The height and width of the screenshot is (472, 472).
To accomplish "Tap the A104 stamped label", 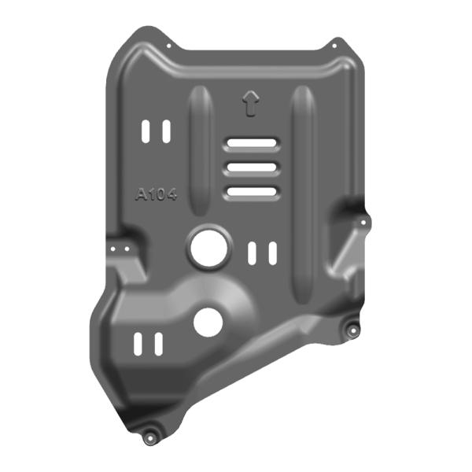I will pyautogui.click(x=157, y=195).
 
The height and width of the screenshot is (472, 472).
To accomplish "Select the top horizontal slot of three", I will pyautogui.click(x=251, y=144).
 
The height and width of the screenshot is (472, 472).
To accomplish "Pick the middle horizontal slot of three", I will pyautogui.click(x=251, y=168).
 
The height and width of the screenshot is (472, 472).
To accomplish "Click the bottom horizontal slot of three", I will pyautogui.click(x=251, y=191).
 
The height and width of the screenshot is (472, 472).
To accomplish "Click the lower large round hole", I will pyautogui.click(x=208, y=321).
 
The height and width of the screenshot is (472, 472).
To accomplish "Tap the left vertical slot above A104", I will pyautogui.click(x=146, y=132).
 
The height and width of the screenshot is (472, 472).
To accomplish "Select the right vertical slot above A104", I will pyautogui.click(x=166, y=132).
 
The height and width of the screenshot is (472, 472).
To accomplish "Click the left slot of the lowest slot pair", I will pyautogui.click(x=138, y=344).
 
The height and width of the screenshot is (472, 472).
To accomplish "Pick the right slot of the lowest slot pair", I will pyautogui.click(x=158, y=344).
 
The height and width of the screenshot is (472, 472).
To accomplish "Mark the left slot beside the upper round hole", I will pyautogui.click(x=253, y=253).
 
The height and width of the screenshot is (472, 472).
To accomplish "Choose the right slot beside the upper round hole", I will pyautogui.click(x=272, y=253).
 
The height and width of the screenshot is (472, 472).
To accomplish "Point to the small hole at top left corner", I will pyautogui.click(x=167, y=45).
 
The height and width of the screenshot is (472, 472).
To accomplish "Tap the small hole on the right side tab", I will pyautogui.click(x=363, y=223).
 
